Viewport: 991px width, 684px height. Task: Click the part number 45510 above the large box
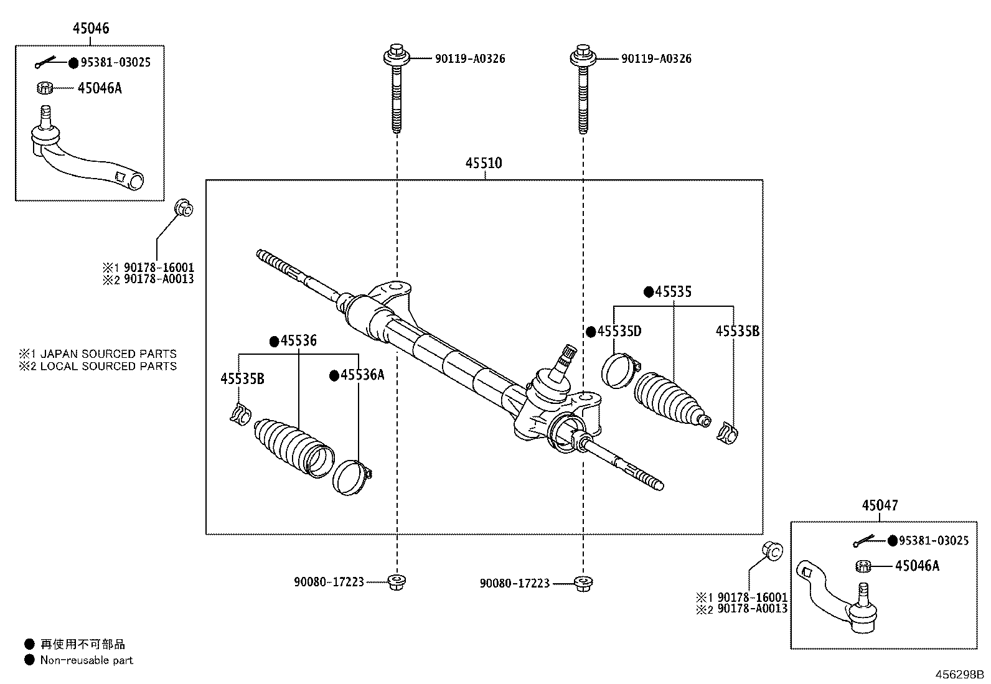[484, 164]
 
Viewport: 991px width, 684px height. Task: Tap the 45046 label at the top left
[91, 29]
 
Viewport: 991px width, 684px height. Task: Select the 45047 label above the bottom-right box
[880, 506]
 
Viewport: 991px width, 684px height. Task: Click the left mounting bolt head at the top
[396, 55]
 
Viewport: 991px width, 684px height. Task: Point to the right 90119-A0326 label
[656, 59]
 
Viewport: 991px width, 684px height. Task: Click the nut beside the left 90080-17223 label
[396, 583]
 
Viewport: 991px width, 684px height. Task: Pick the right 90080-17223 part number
[515, 584]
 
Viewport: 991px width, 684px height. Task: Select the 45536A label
[362, 375]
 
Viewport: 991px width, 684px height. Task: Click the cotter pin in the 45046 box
[46, 62]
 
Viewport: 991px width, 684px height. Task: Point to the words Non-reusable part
[87, 660]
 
